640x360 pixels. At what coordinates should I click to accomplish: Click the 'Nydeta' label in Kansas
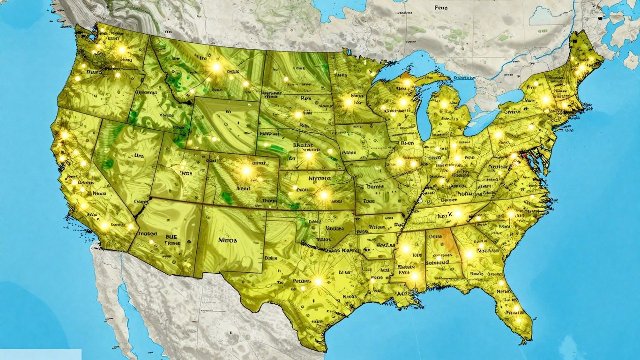(320, 178)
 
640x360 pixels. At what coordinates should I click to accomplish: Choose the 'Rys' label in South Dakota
(306, 99)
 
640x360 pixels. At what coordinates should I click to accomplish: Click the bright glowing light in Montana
(216, 67)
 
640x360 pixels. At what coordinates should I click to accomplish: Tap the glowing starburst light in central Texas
(318, 282)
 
